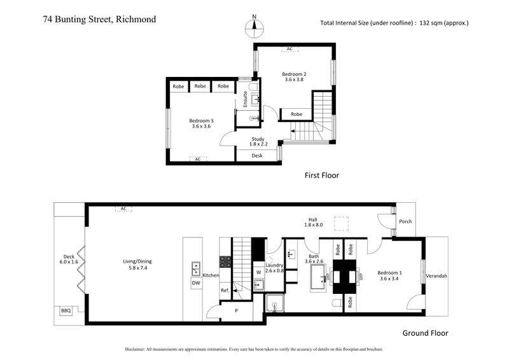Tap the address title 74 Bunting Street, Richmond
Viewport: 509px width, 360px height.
pos(99,19)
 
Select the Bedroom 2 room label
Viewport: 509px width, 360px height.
pos(295,77)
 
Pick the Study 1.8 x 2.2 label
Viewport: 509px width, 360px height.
pos(257,141)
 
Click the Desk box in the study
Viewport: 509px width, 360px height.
pos(257,155)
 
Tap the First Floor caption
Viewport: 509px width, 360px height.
pos(321,175)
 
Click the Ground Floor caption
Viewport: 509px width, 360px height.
pos(425,333)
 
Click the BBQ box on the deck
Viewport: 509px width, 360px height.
pos(66,311)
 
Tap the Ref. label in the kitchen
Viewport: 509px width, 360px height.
pos(225,291)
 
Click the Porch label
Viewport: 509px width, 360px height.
pos(405,222)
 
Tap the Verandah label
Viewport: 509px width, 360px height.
pos(436,275)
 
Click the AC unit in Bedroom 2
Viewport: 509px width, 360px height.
pos(289,49)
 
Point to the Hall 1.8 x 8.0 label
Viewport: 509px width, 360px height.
pos(312,222)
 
